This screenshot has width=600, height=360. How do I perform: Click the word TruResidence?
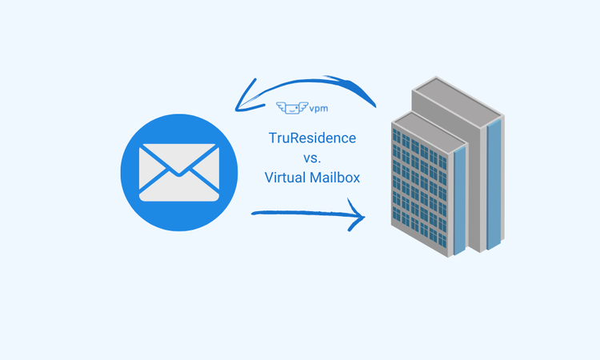[312, 138]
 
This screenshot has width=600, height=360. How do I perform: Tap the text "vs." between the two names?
[313, 158]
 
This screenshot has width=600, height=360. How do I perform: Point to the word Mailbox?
[334, 178]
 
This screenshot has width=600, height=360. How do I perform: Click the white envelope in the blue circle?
[178, 171]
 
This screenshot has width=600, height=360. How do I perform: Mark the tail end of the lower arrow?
[254, 213]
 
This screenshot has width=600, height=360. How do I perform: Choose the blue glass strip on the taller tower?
[494, 184]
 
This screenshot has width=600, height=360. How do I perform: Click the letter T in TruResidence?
[272, 138]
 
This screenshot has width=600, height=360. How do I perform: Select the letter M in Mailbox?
[314, 178]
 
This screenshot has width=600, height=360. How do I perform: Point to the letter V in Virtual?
[269, 178]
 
